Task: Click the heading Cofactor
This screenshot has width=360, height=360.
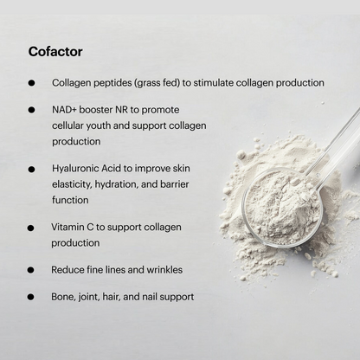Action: click(55, 52)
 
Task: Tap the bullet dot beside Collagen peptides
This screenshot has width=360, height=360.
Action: click(31, 83)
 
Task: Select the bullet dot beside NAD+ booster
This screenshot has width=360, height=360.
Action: click(31, 110)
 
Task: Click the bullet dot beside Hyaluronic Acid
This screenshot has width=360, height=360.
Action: click(31, 170)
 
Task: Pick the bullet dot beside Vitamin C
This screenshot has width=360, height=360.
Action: click(30, 228)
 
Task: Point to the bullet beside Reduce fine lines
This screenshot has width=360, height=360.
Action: click(30, 270)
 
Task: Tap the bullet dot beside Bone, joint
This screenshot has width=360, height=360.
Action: click(30, 297)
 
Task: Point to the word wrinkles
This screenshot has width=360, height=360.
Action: click(164, 270)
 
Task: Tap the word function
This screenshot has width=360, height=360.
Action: click(70, 200)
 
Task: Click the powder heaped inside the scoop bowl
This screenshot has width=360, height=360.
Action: click(281, 206)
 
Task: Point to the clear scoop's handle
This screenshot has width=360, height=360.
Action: click(336, 141)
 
